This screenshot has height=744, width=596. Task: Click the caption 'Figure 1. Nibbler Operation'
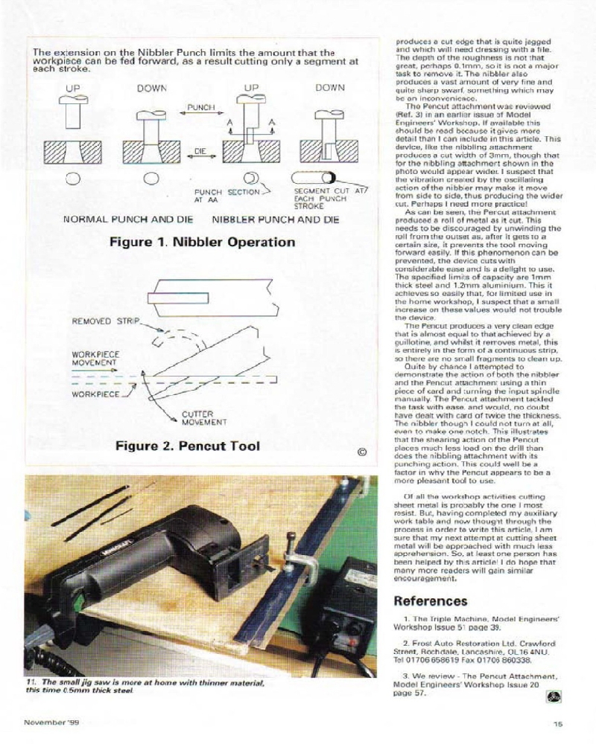point(202,243)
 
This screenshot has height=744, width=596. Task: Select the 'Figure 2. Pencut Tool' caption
point(187,446)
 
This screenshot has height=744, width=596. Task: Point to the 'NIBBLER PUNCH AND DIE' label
point(276,220)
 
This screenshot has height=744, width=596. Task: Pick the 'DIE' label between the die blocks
point(200,151)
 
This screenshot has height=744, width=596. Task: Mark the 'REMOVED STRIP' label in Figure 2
point(105,321)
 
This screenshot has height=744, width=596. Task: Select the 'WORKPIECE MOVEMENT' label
point(95,359)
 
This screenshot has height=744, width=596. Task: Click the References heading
point(430,601)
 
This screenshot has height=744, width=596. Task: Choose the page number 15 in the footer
point(558,722)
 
